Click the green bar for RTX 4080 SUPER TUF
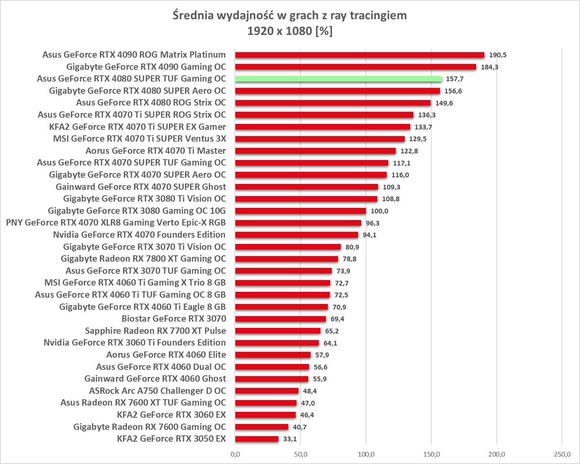click(x=338, y=79)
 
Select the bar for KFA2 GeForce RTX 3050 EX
click(x=257, y=439)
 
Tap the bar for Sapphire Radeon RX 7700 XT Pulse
click(x=278, y=331)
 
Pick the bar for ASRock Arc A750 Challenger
click(x=267, y=391)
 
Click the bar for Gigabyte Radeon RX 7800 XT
click(x=286, y=259)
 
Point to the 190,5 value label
click(x=498, y=55)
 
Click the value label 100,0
click(x=379, y=211)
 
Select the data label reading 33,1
click(x=290, y=439)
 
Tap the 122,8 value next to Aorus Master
click(x=409, y=151)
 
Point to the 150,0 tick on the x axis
click(x=431, y=454)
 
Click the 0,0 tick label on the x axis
click(x=235, y=454)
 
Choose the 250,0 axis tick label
click(x=562, y=454)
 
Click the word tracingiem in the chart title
click(x=378, y=16)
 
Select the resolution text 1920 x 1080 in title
click(x=280, y=31)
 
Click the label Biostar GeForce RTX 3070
click(x=174, y=318)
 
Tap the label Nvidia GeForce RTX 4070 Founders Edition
click(x=139, y=235)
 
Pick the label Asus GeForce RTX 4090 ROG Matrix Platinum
click(x=134, y=55)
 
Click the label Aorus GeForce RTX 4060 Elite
click(x=166, y=355)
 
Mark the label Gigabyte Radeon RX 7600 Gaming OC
click(x=149, y=427)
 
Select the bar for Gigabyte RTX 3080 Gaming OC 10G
click(x=300, y=211)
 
